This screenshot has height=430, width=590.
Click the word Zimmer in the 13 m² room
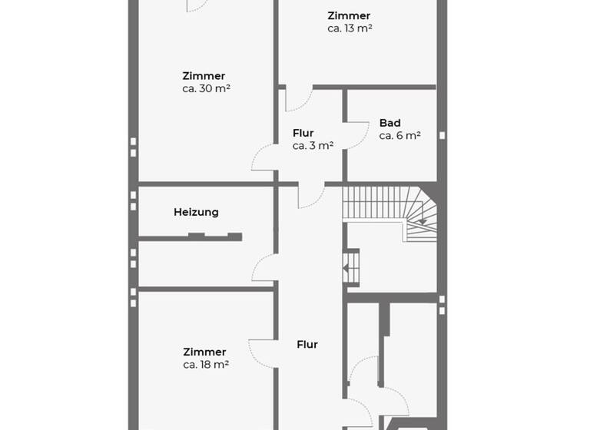pos(348,16)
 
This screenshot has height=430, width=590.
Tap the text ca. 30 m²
pos(207,88)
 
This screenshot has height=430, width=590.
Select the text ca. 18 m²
pos(206,365)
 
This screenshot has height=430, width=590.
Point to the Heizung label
pos(196,212)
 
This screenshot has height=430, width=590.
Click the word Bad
pos(389,123)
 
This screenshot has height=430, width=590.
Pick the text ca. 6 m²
pos(399,136)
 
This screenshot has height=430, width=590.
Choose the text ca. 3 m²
pos(313,145)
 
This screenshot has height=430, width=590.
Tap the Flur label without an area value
pos(307,345)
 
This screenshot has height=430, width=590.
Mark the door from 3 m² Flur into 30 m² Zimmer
pos(264,158)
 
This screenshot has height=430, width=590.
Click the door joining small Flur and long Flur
pos(311,197)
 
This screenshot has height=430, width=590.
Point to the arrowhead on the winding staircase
pos(422,221)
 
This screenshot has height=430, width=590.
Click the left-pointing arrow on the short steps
pos(348,269)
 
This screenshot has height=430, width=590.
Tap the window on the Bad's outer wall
pos(442,135)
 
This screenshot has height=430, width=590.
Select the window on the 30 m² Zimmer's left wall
pos(133,147)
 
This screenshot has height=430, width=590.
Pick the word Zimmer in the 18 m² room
pos(204,352)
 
